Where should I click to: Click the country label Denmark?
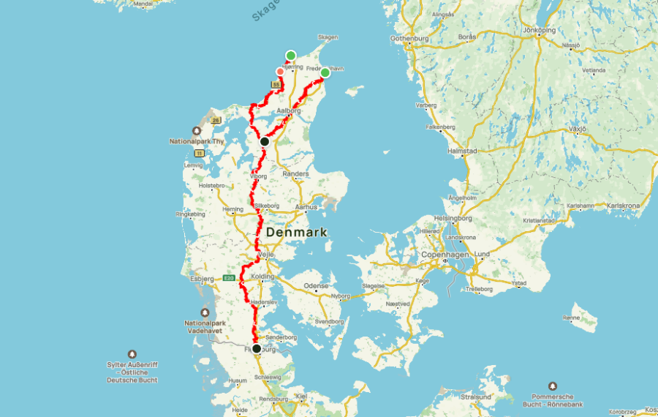(296, 232)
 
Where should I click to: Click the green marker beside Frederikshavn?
(325, 72)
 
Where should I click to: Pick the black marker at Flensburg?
(257, 349)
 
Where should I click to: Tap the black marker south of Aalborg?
(265, 141)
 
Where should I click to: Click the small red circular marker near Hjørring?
(279, 71)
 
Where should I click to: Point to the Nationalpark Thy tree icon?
(196, 132)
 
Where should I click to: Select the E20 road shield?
(228, 278)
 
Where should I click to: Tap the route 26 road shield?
(216, 120)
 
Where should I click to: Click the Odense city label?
(316, 285)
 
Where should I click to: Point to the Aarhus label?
(307, 207)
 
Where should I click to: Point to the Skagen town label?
(328, 37)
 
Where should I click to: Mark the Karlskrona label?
(623, 206)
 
